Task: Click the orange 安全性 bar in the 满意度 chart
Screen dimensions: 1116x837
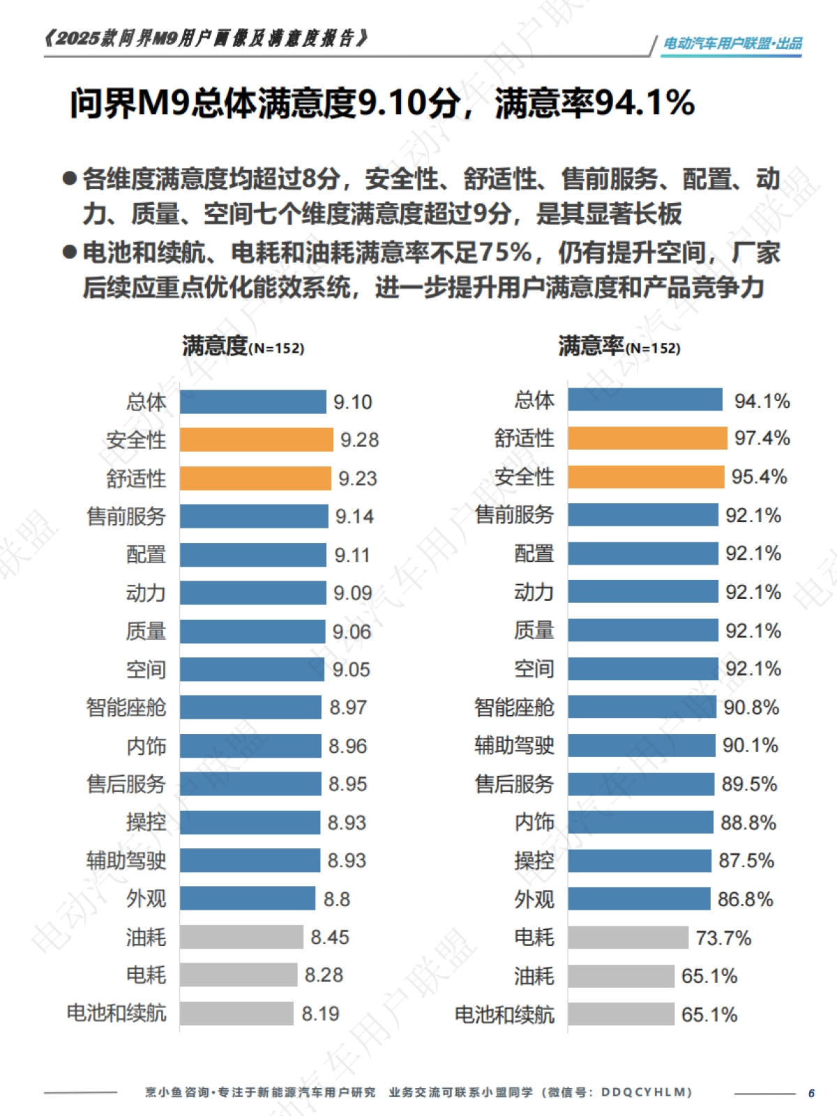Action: coord(256,440)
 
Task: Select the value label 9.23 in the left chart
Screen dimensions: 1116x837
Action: coord(357,479)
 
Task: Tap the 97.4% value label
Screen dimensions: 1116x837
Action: coord(762,438)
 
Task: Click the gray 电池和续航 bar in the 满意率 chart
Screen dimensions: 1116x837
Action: coord(621,1014)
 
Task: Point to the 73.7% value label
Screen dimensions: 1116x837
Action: coord(723,938)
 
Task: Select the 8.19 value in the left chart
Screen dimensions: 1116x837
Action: coord(320,1014)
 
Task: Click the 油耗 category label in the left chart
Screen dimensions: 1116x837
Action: coord(146,938)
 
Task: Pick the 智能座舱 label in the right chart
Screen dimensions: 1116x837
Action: coord(514,708)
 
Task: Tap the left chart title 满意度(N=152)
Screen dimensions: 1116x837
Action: coord(243,346)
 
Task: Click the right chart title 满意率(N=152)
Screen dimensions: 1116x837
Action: coord(619,346)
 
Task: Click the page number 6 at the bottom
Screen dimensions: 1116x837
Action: coord(811,1093)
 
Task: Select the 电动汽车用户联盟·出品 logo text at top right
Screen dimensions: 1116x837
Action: coord(732,44)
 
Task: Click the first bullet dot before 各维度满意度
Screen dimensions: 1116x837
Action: coord(69,178)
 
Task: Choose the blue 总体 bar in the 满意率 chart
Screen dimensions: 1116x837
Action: coord(644,400)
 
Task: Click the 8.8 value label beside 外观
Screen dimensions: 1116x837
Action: coord(336,899)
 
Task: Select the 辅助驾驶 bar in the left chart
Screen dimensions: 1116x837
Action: coord(250,860)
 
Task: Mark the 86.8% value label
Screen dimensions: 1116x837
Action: coord(745,900)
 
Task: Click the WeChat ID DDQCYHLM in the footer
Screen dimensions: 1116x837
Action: coord(646,1092)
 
